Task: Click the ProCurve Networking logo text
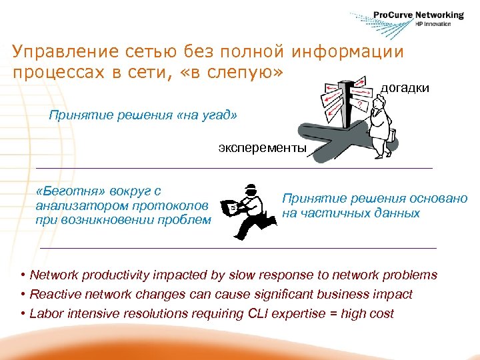(418, 15)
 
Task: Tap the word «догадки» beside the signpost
(405, 88)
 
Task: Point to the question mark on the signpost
(360, 105)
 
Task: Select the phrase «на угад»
(207, 115)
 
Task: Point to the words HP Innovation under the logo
(433, 24)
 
